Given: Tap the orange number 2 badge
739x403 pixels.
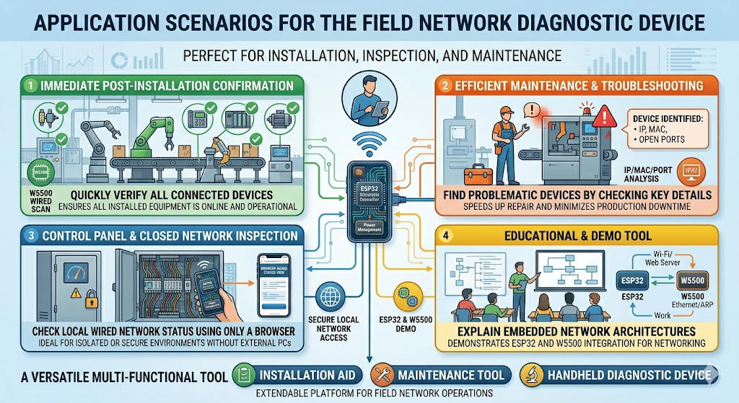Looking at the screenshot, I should [x=447, y=86].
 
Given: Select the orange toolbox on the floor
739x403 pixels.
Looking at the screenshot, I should [x=478, y=174].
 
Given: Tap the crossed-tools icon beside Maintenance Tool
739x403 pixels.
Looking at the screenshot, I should [x=380, y=374].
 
